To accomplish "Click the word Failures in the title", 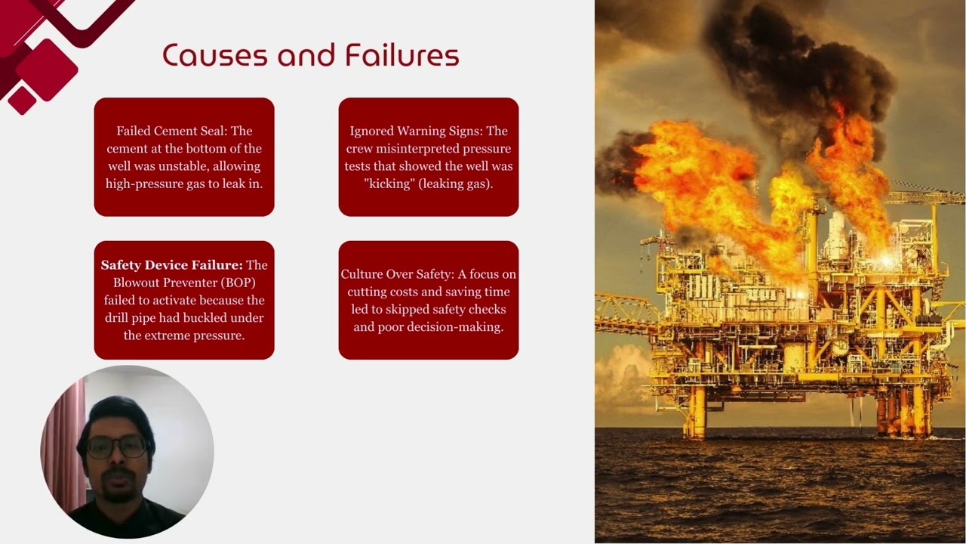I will click(401, 56).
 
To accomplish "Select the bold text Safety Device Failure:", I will click(172, 265).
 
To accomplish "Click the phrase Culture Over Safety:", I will click(397, 274).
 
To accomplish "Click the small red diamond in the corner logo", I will click(23, 100).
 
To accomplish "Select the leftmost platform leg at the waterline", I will click(695, 423).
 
